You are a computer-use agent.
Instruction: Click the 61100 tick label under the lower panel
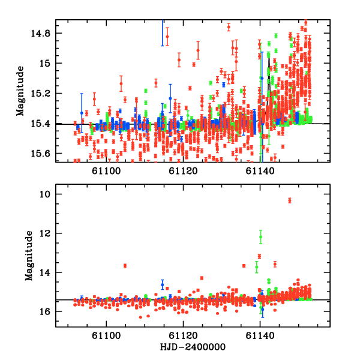[x=106, y=337]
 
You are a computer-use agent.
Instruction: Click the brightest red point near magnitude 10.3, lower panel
[x=289, y=200]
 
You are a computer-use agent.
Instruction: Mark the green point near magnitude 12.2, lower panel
[x=260, y=237]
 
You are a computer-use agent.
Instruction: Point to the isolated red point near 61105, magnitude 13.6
[x=125, y=266]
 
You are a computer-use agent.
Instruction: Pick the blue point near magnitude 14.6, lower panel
[x=162, y=284]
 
